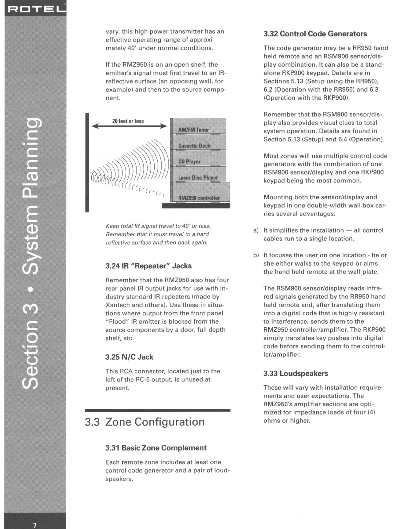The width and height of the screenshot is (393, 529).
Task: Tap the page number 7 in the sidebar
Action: pyautogui.click(x=35, y=525)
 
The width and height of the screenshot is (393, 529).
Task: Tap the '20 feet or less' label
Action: pyautogui.click(x=128, y=121)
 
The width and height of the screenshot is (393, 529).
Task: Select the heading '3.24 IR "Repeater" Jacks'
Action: pyautogui.click(x=148, y=266)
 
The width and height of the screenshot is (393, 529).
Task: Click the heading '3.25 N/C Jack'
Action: pyautogui.click(x=129, y=357)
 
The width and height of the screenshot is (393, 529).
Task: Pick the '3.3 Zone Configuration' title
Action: pyautogui.click(x=144, y=422)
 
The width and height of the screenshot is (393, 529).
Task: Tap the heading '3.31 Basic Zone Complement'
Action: pyautogui.click(x=156, y=448)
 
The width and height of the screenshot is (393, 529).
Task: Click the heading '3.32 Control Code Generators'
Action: pyautogui.click(x=315, y=34)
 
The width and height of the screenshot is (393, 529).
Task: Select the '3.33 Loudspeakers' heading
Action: pyautogui.click(x=295, y=373)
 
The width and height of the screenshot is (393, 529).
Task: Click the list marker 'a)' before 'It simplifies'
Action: pyautogui.click(x=256, y=230)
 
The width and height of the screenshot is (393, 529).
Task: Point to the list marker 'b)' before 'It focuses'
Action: pyautogui.click(x=256, y=255)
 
